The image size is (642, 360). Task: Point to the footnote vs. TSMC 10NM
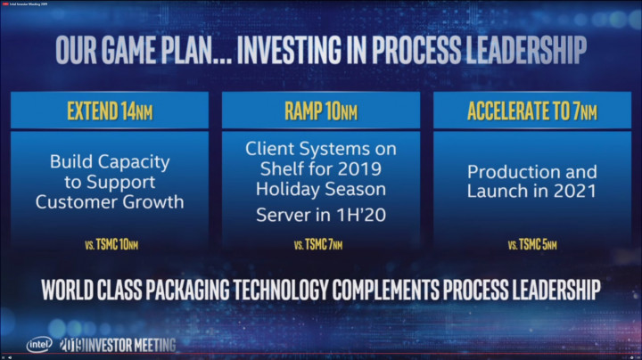(110, 243)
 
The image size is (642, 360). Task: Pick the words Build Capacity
(110, 163)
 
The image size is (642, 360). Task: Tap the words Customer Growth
(110, 202)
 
